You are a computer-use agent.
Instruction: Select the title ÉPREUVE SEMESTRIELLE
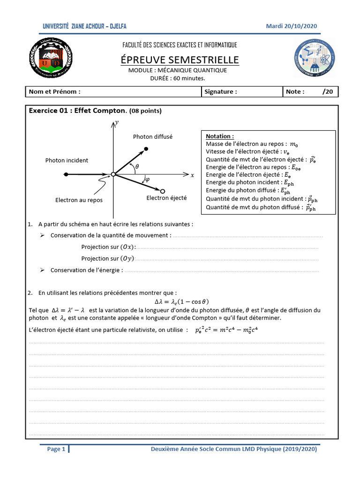180,60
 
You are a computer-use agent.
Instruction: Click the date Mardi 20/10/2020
291,26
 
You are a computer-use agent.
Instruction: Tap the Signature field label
221,92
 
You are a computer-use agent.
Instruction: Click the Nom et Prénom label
54,92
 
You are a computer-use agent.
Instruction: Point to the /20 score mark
328,92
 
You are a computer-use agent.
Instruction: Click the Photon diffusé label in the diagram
153,137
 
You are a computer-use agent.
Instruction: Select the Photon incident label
67,161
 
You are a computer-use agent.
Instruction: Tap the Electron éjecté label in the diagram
166,198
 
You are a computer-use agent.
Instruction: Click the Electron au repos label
79,200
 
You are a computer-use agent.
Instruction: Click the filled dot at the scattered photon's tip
146,149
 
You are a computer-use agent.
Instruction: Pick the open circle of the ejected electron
162,191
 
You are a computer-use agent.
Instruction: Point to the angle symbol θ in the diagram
137,166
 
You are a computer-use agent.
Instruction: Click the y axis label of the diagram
116,122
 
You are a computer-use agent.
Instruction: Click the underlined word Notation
220,136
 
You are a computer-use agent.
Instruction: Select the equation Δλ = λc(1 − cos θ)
182,301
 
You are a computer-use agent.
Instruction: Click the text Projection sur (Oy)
107,258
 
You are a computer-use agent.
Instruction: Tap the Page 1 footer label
57,450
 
